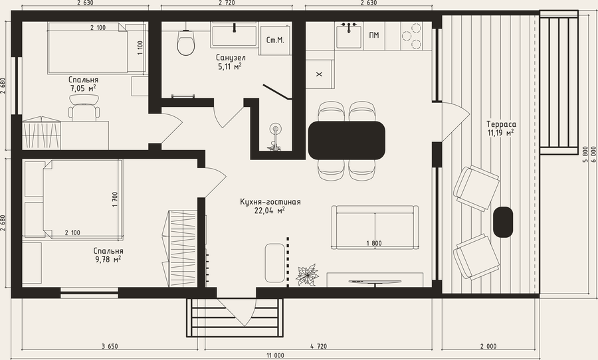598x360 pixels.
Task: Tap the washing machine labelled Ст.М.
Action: point(274,40)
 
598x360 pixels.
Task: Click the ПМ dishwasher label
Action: point(374,35)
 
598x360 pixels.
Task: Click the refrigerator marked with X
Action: point(320,74)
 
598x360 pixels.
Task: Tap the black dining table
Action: point(346,140)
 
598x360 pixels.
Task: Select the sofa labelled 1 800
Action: point(375,227)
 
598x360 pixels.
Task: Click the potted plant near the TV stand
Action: point(308,275)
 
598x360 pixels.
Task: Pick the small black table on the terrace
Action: point(503,222)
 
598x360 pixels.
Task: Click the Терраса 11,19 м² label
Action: point(501,128)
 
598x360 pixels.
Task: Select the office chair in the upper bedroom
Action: point(84,108)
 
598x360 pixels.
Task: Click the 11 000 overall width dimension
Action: point(275,356)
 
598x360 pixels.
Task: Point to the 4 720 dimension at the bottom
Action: point(318,346)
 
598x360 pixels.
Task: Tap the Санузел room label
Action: point(231,58)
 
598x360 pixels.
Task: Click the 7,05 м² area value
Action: point(83,88)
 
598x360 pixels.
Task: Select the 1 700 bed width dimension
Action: point(115,199)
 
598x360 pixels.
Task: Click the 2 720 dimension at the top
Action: point(227,3)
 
